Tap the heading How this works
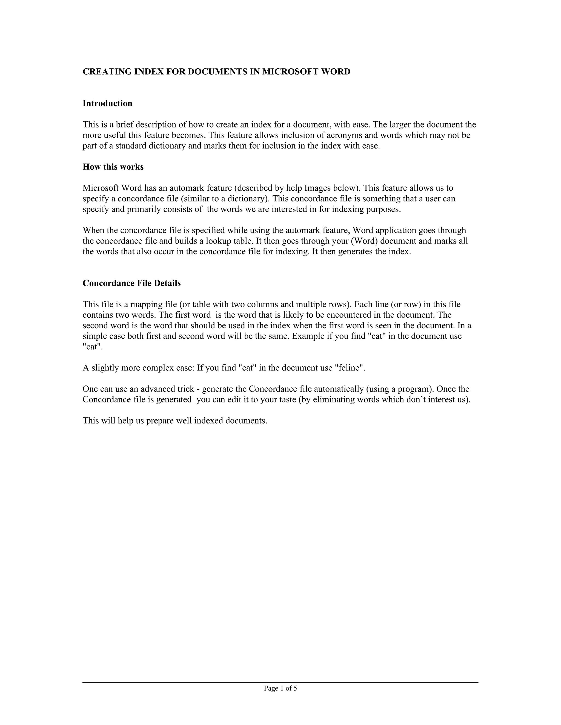113,167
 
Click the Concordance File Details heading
131,283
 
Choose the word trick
188,389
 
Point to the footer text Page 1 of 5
280,688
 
